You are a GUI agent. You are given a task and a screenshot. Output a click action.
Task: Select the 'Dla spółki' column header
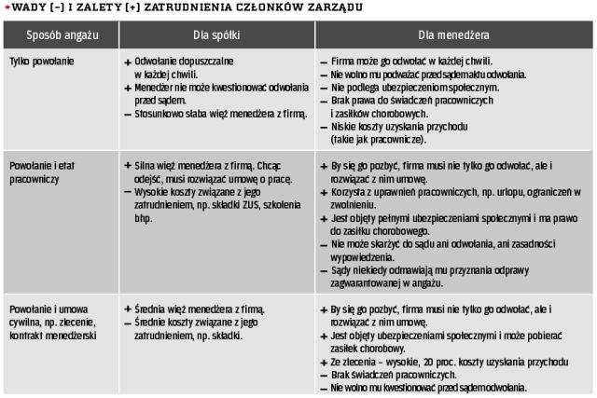[x=213, y=36]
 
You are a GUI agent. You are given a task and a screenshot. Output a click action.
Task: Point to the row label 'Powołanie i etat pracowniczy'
[x=41, y=171]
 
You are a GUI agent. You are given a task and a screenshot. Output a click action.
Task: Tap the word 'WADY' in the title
[x=26, y=7]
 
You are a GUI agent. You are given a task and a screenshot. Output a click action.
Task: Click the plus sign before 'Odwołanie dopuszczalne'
[x=127, y=61]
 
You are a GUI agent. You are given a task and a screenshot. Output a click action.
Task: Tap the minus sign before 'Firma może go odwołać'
[x=323, y=61]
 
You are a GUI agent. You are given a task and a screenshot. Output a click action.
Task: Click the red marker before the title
[x=5, y=7]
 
